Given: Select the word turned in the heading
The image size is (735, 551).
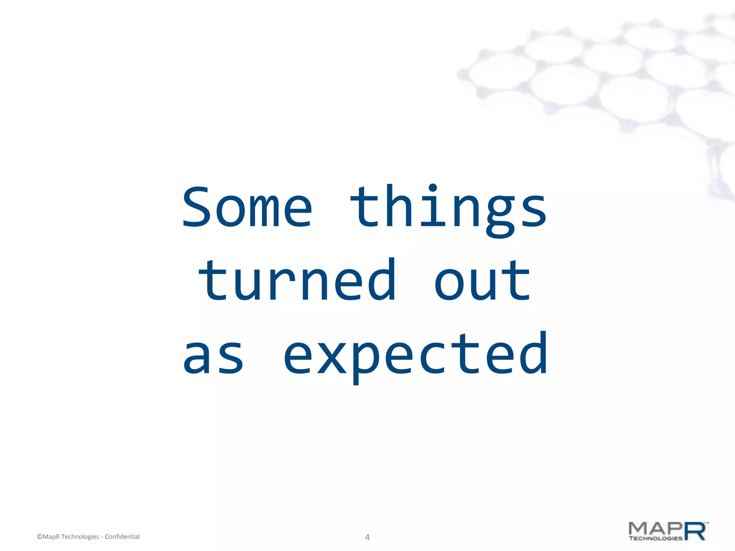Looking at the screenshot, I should click(x=297, y=281).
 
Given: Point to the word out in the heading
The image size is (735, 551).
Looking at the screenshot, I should click(x=482, y=281).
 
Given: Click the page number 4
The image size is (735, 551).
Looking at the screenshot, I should click(x=367, y=537).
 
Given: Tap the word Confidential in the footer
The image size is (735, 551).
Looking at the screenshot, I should click(x=122, y=537).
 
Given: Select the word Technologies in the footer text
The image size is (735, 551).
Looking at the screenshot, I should click(x=80, y=537).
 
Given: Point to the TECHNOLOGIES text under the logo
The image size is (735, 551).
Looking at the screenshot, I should click(x=655, y=538).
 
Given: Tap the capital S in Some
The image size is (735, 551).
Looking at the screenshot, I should click(x=197, y=207).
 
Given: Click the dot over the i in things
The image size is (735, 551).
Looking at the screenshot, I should click(x=433, y=188).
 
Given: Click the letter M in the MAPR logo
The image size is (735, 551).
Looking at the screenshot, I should click(x=640, y=528).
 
